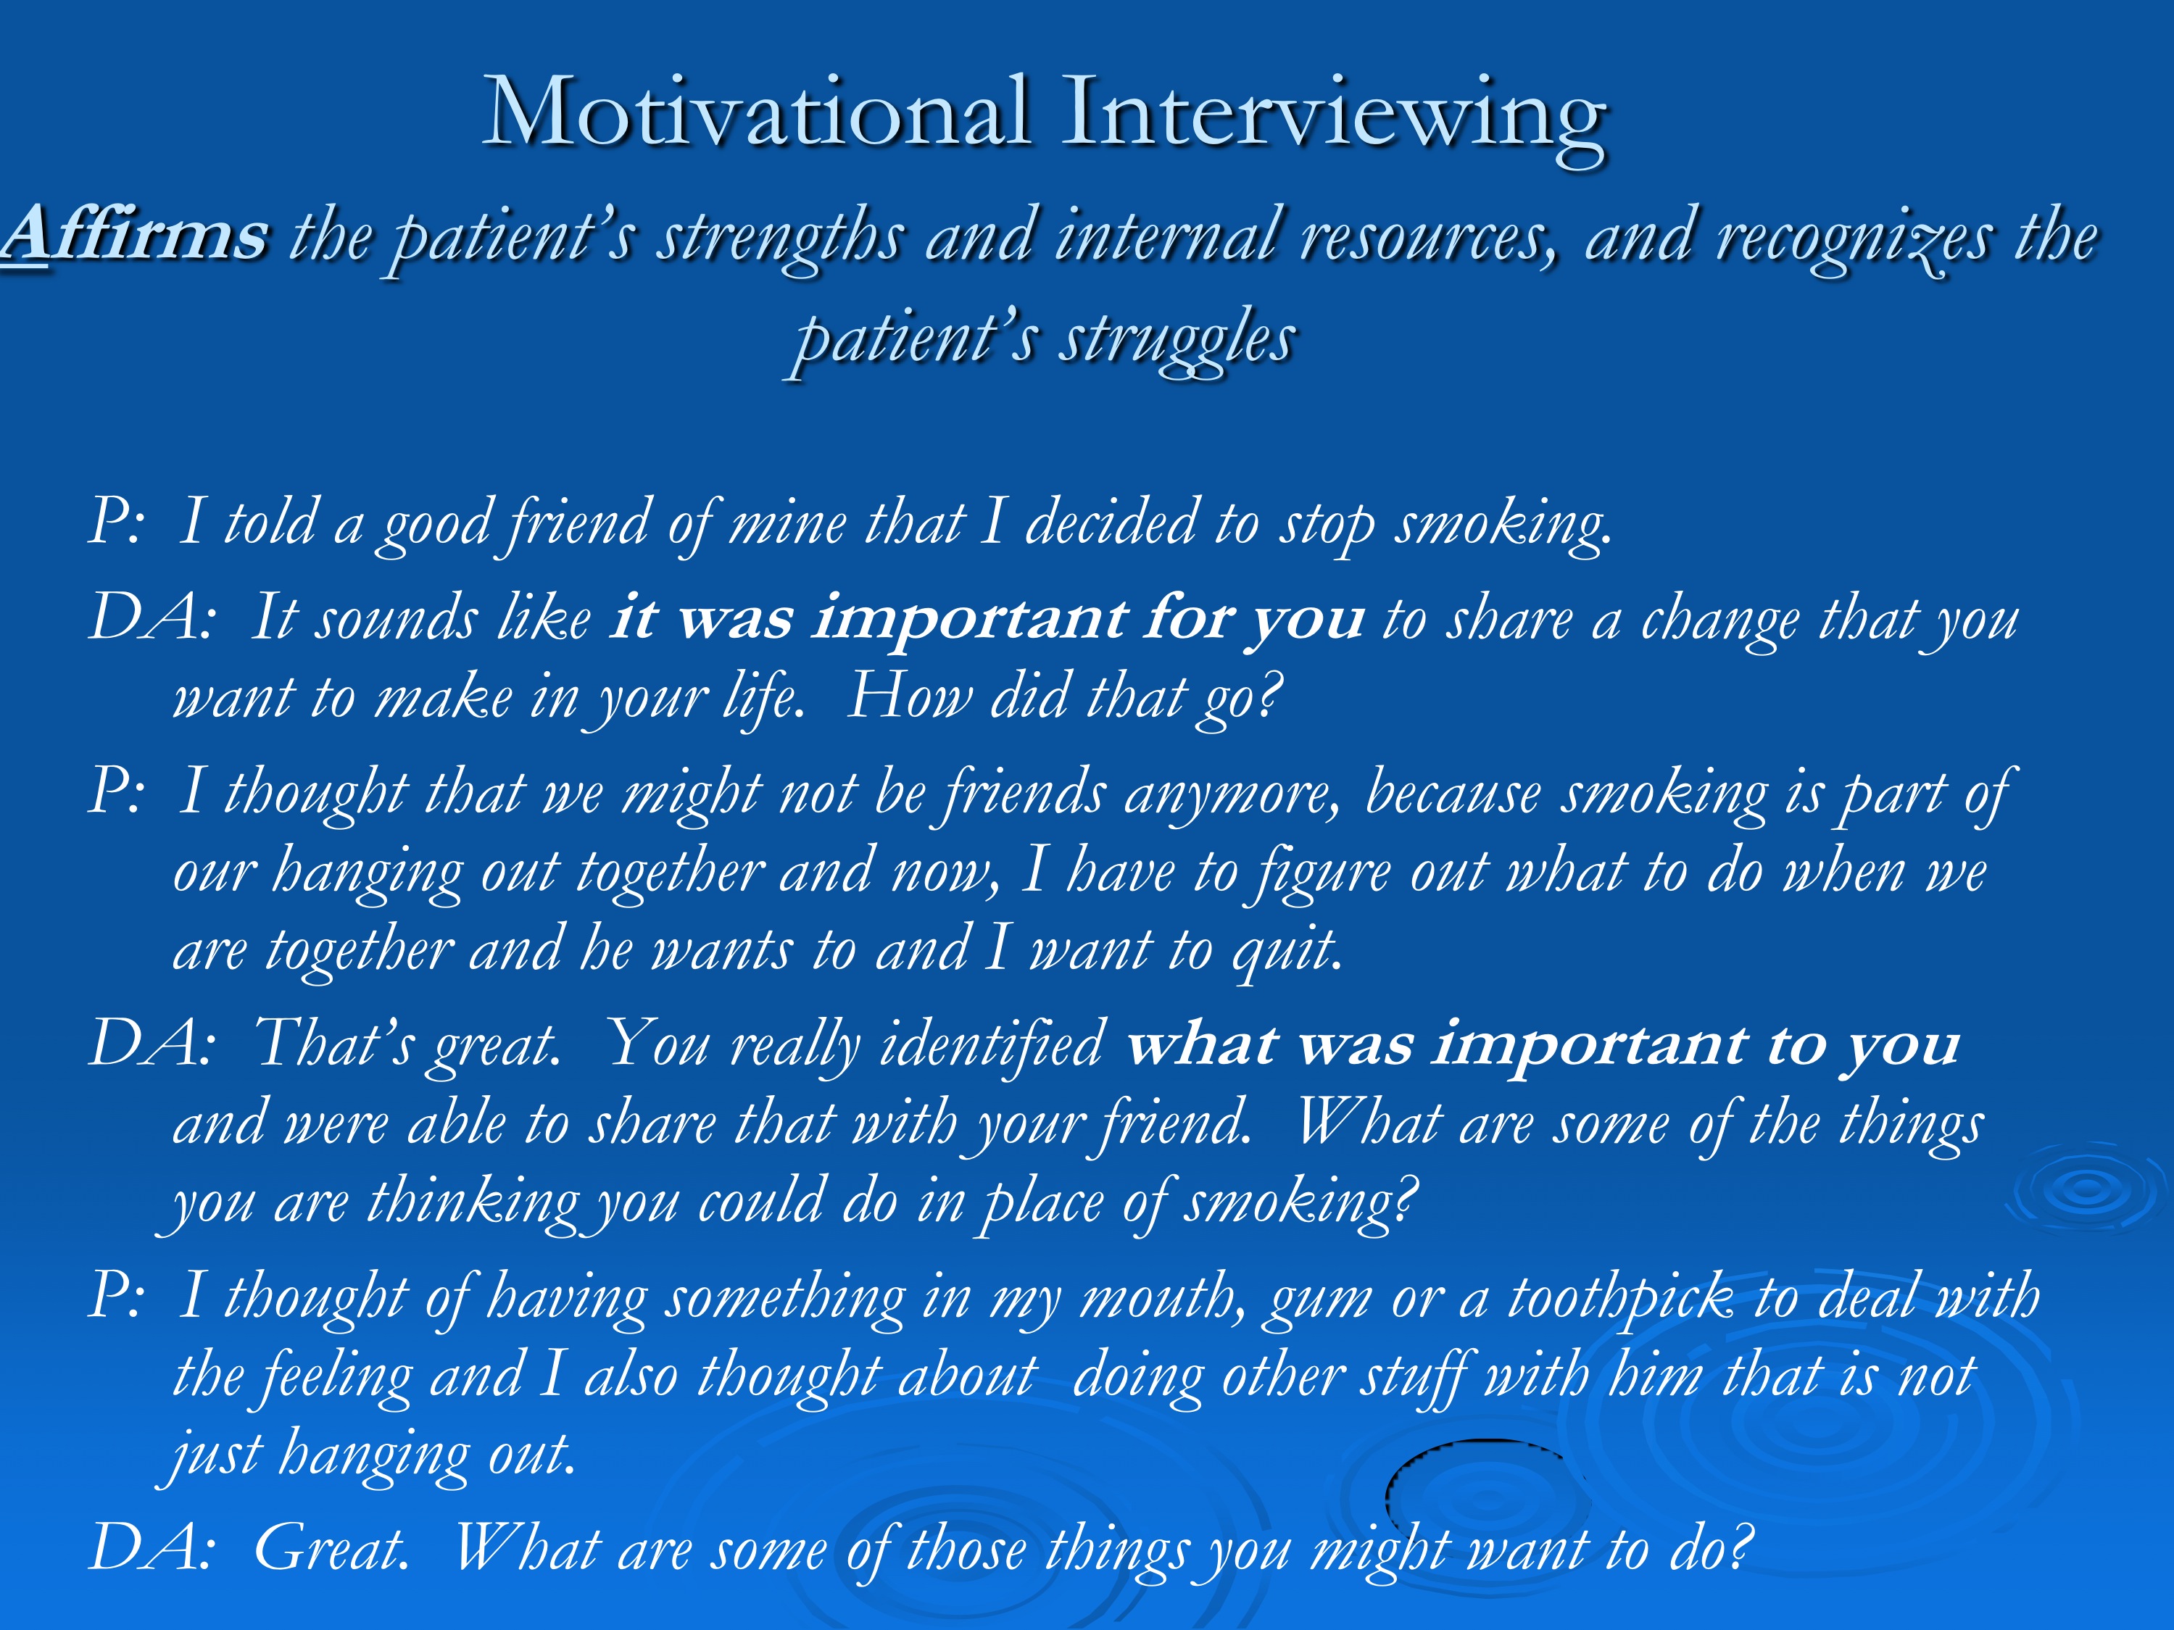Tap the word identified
coord(992,1044)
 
